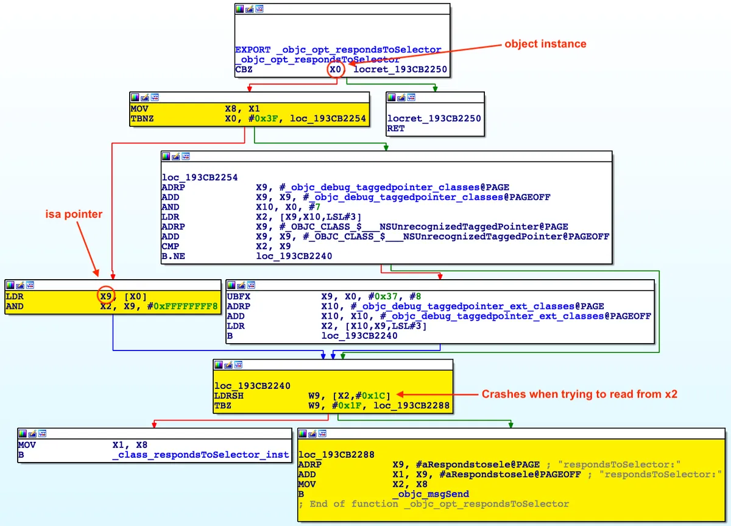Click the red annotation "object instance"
click(x=545, y=44)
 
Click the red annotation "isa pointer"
click(x=74, y=214)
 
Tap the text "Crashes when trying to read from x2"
click(x=579, y=394)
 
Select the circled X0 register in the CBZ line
click(x=335, y=70)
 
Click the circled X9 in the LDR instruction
click(x=106, y=296)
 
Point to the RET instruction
click(x=395, y=129)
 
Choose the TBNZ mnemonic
click(x=143, y=118)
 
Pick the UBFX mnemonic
click(x=238, y=296)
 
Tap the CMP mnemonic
click(x=171, y=246)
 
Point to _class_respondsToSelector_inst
click(x=200, y=455)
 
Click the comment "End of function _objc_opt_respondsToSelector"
click(x=434, y=503)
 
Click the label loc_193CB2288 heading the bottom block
click(x=336, y=455)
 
